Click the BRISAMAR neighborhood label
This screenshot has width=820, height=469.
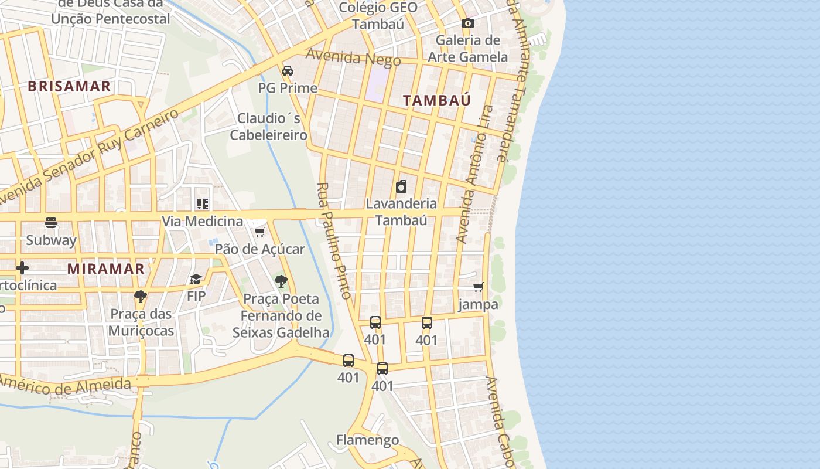pos(69,86)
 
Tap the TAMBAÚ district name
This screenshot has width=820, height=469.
pos(437,100)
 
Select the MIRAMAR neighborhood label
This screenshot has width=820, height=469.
pos(105,269)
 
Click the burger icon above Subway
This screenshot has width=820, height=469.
pos(51,223)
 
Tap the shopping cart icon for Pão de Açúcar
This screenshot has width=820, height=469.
pos(259,232)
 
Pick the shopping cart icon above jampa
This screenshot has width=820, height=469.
pos(479,287)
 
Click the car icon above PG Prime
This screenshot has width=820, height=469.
pos(288,71)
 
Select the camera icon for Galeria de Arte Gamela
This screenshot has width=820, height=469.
pos(467,23)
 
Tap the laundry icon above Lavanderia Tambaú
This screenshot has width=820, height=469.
pos(401,186)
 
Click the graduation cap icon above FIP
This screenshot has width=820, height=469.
pos(196,279)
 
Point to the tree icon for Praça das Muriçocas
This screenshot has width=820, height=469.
pos(140,297)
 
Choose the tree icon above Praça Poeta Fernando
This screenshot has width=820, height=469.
pos(281,281)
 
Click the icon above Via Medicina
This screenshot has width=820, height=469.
pos(202,204)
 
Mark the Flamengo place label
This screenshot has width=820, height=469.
pos(367,440)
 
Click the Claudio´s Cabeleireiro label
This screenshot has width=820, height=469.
pos(269,127)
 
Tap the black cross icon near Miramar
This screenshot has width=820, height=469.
pos(22,269)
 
